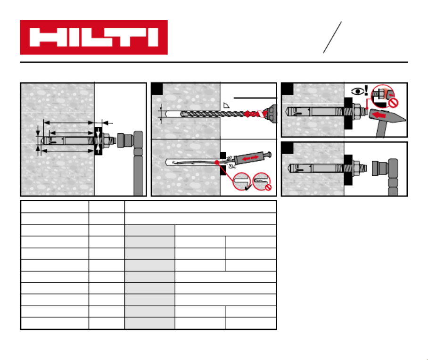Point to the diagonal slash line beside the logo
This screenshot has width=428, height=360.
point(332,37)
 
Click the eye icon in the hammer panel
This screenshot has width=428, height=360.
point(357,91)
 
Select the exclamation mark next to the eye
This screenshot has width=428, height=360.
point(366,90)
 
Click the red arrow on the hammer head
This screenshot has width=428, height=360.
point(380,115)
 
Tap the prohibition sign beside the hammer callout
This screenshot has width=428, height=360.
point(393,103)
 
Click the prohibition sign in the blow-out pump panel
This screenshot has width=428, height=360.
point(268,187)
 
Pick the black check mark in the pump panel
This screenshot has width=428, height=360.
point(248,187)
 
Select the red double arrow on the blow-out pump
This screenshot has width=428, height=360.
point(250,158)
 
